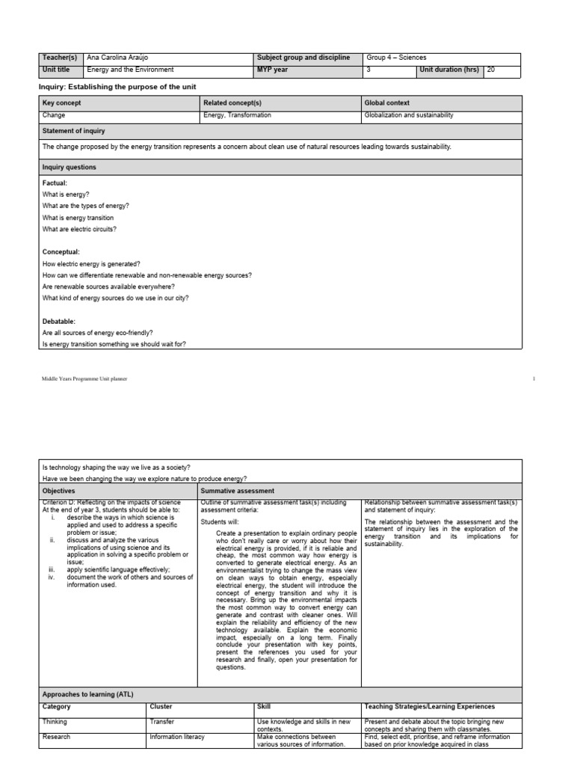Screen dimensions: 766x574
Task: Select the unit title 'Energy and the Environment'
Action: click(x=130, y=70)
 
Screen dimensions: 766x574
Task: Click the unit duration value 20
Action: click(x=491, y=70)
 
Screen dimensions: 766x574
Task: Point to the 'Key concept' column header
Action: click(x=62, y=102)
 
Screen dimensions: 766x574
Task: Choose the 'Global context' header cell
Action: click(x=386, y=102)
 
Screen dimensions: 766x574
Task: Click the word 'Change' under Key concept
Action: click(x=54, y=116)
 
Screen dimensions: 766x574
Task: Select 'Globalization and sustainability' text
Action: click(x=408, y=116)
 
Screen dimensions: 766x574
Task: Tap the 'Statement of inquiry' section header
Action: click(x=74, y=130)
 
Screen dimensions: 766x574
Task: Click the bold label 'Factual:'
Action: click(x=55, y=183)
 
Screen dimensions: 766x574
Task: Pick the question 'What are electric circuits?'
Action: click(x=79, y=229)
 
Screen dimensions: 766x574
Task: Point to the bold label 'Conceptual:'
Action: click(x=61, y=252)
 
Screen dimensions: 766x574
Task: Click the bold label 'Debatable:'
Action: click(x=59, y=321)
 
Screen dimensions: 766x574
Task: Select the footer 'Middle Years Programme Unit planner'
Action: click(x=84, y=379)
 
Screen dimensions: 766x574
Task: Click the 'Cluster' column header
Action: click(x=161, y=706)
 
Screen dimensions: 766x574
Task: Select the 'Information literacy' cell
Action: click(x=177, y=737)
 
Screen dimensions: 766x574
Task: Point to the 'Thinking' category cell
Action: click(x=55, y=722)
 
